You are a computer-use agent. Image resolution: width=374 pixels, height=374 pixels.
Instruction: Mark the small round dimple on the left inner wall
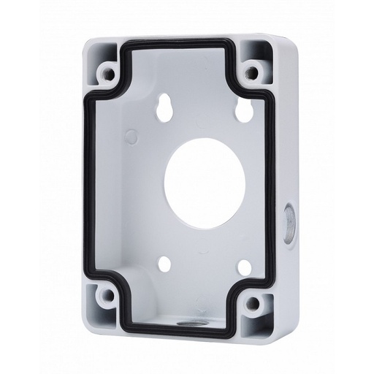[x=131, y=135]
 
